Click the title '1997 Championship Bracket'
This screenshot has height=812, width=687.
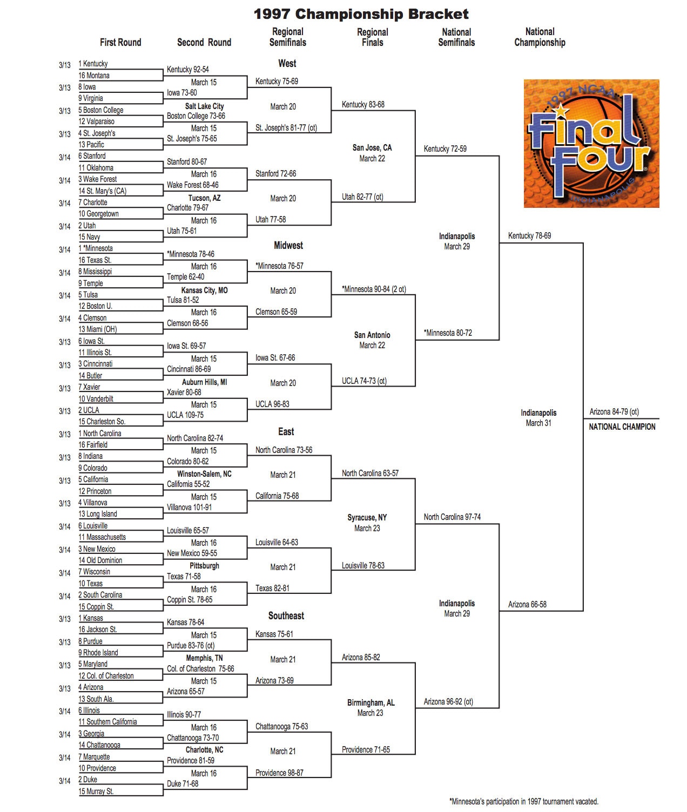tap(361, 14)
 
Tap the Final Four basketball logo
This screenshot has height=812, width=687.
tap(591, 144)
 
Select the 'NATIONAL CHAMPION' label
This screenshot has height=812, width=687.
tap(622, 427)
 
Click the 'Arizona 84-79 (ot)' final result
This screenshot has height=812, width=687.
tap(614, 412)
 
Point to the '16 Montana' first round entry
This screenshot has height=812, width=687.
tap(94, 76)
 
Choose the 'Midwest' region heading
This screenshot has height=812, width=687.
tap(288, 246)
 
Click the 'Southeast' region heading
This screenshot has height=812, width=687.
tap(286, 615)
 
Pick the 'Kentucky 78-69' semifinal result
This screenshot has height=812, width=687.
tap(529, 236)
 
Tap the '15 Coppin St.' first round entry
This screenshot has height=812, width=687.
tap(96, 606)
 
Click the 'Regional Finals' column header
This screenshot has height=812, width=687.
tap(372, 37)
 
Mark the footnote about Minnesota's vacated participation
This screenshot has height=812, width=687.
tap(523, 801)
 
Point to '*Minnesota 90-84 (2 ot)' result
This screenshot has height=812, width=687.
tap(374, 289)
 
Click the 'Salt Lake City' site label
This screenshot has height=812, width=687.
tap(204, 106)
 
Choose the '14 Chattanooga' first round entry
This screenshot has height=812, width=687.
tap(99, 745)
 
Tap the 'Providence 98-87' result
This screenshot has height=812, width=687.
tap(279, 773)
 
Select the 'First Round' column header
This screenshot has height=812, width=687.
tap(120, 43)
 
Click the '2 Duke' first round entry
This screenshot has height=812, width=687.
tap(87, 780)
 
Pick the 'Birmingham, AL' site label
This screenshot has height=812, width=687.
tap(371, 702)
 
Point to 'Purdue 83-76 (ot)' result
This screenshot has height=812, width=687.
tap(191, 645)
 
